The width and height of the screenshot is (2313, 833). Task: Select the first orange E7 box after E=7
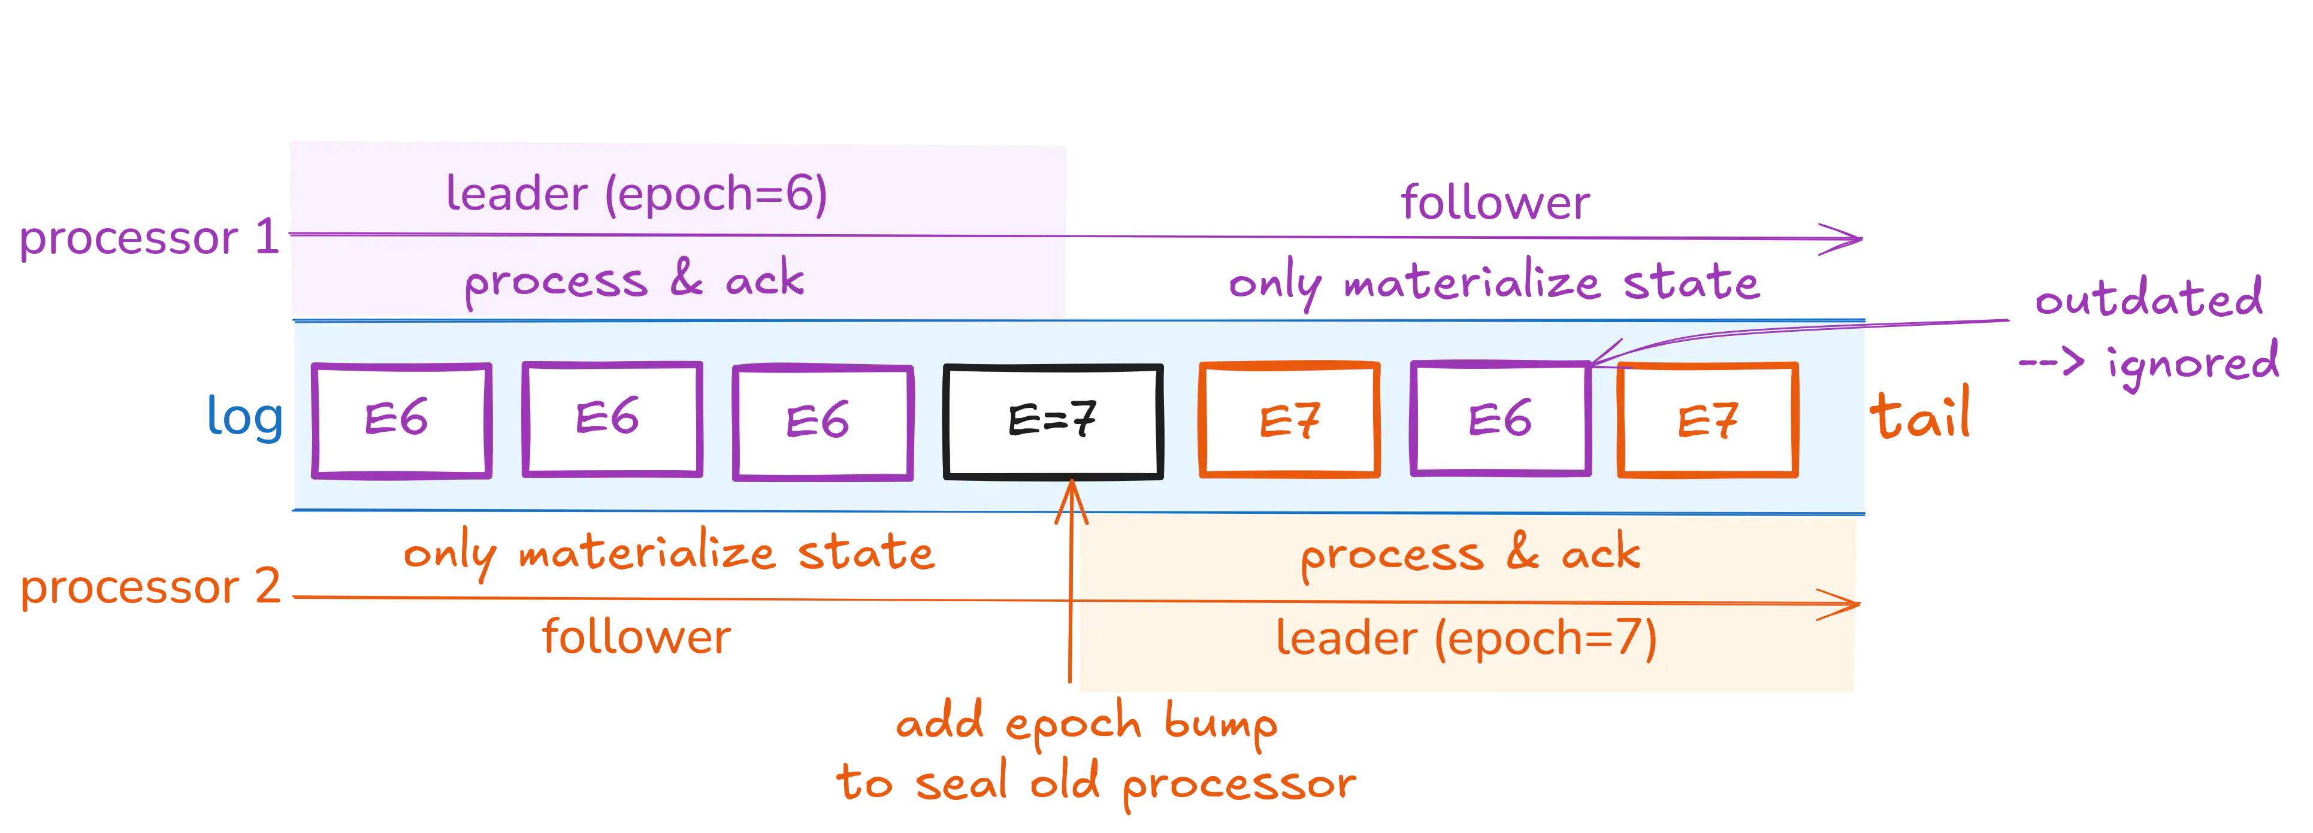tap(1289, 419)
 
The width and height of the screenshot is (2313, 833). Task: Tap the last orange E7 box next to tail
tap(1707, 420)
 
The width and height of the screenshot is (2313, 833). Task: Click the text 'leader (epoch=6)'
tap(636, 194)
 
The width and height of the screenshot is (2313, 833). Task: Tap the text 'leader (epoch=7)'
tap(1465, 638)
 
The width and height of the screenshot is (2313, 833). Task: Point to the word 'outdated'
tap(2148, 298)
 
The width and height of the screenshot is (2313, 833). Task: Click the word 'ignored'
tap(2193, 364)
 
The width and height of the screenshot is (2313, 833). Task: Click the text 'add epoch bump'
tap(1087, 723)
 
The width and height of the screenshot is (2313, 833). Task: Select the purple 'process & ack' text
tap(634, 280)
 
